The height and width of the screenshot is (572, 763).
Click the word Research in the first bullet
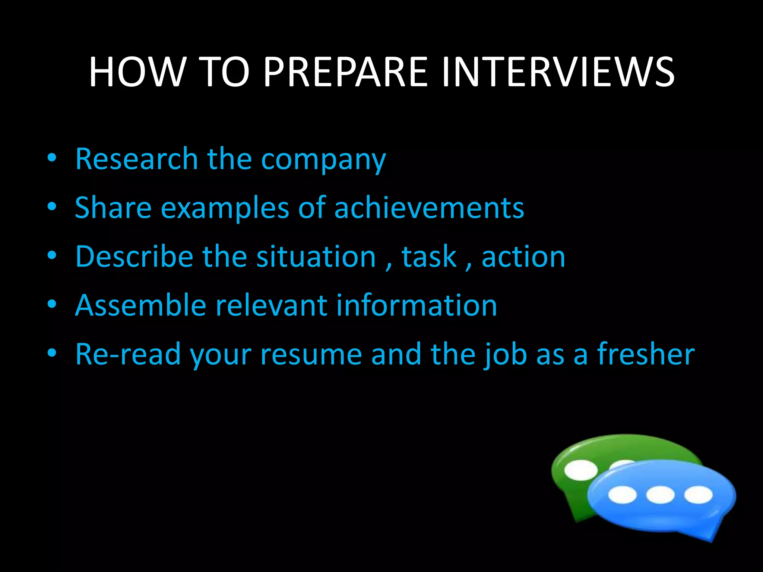point(136,159)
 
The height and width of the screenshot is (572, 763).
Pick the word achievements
point(429,207)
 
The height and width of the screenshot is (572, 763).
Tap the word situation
point(316,257)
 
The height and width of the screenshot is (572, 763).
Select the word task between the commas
point(429,257)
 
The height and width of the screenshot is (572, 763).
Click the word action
point(523,257)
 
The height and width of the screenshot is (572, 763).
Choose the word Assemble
point(140,305)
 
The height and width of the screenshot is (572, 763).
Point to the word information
point(417,305)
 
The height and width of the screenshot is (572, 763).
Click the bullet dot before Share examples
point(52,206)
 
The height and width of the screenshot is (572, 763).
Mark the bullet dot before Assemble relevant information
point(52,304)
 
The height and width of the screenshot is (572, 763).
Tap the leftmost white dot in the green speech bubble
point(580,470)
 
